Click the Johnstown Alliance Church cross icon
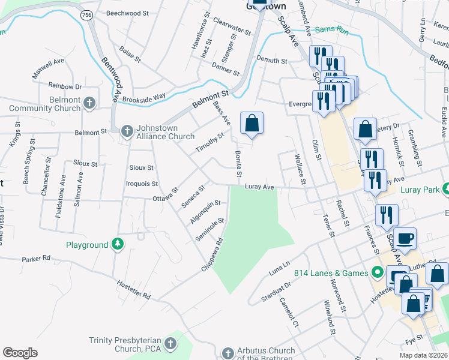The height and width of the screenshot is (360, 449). coord(126,131)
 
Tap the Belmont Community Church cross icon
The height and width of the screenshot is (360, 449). coord(89,103)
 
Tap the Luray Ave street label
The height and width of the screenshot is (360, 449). coord(259,187)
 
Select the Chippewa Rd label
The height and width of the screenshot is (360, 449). coord(212,254)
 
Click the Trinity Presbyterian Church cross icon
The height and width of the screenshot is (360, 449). coord(170,344)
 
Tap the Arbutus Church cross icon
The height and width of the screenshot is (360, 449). coord(228,352)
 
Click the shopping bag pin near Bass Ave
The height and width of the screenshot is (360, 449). coord(252,124)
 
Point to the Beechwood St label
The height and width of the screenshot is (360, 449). coord(127,13)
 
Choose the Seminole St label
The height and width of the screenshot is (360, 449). coord(209,230)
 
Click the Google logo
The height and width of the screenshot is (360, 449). coord(20,353)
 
